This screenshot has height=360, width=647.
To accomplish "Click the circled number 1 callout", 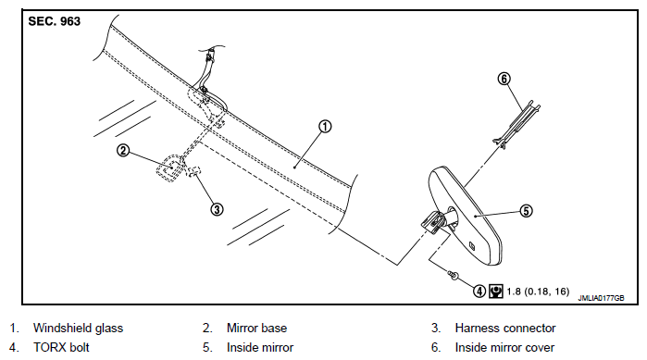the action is pos(325,126).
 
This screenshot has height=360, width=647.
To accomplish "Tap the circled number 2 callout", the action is pos(123,151).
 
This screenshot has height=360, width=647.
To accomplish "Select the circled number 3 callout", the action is pos(217,209).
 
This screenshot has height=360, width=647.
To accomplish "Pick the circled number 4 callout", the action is pos(479,292).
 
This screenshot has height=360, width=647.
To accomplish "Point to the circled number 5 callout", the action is pos(526,211).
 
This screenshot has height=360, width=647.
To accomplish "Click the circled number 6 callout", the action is pos(504,79).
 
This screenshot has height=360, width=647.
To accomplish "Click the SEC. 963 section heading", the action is pos(54,21).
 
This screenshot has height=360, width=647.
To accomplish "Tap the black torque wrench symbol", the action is pos(495,292).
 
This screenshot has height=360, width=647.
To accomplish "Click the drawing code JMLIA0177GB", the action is pos(601,298).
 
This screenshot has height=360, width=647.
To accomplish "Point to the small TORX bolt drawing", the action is pos(453,275).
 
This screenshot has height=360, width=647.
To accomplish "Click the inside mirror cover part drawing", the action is pos(516,123).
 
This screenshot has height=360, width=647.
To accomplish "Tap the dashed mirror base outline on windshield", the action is pos(170,168).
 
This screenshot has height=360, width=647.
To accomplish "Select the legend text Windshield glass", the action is pos(78,328).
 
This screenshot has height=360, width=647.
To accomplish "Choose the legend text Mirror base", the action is pos(256,328).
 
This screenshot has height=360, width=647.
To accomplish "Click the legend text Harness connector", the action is pos(505,328).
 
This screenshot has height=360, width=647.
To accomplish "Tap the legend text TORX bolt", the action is pos(61,347).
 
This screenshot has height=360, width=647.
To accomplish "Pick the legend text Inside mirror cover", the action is pos(504,347).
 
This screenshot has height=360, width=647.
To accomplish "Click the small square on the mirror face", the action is pos(472,246).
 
